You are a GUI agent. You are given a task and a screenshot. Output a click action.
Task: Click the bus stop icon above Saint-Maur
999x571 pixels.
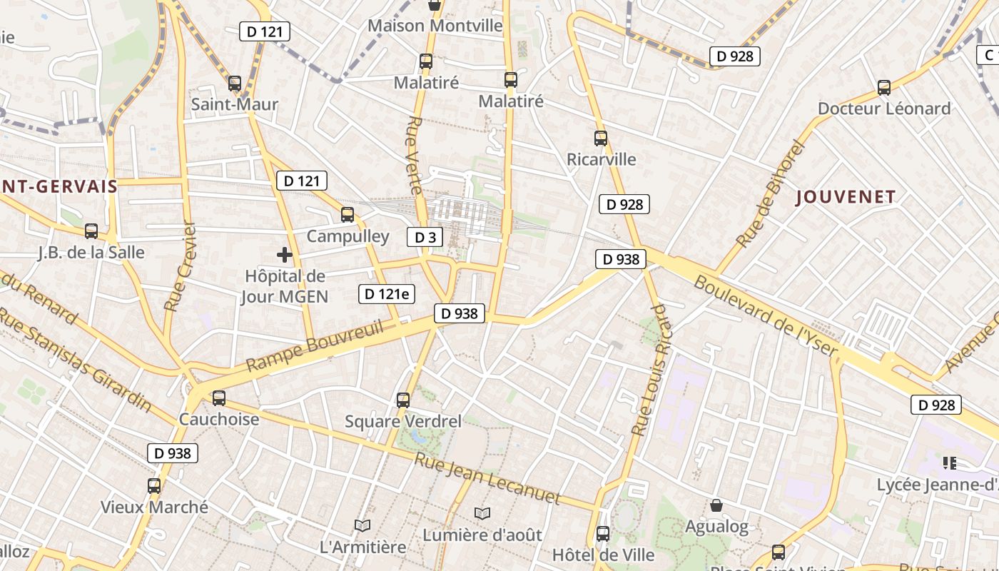pyautogui.click(x=235, y=84)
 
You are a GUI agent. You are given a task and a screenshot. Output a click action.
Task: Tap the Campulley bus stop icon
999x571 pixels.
pyautogui.click(x=348, y=214)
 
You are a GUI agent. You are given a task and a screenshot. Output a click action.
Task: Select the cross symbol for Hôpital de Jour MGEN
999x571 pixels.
pyautogui.click(x=285, y=254)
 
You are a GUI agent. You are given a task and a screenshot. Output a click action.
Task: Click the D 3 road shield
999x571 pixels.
pyautogui.click(x=425, y=237)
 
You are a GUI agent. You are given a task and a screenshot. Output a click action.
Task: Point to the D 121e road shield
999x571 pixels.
pyautogui.click(x=386, y=293)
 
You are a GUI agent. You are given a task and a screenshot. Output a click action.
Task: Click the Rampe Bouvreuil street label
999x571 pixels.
pyautogui.click(x=315, y=347)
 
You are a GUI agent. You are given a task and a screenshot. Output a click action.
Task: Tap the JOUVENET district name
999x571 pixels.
pyautogui.click(x=846, y=197)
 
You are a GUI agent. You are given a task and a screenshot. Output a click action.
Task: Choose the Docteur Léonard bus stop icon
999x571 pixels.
pyautogui.click(x=884, y=88)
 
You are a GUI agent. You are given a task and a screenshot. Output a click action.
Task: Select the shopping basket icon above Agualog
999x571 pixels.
pyautogui.click(x=716, y=505)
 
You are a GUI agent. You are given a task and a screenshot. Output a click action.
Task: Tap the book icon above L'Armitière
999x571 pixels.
pyautogui.click(x=362, y=525)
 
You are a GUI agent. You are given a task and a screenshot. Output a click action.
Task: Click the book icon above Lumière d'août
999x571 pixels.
pyautogui.click(x=482, y=513)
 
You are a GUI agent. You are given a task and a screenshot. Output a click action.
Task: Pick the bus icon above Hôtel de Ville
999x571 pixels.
pyautogui.click(x=603, y=533)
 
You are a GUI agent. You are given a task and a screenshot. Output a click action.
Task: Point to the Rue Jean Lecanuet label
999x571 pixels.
pyautogui.click(x=487, y=479)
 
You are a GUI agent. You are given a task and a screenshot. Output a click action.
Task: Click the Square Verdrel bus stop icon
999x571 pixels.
pyautogui.click(x=403, y=400)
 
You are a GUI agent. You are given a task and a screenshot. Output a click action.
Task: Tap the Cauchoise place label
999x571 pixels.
pyautogui.click(x=219, y=419)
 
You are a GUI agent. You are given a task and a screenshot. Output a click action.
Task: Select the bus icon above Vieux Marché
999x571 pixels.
pyautogui.click(x=154, y=486)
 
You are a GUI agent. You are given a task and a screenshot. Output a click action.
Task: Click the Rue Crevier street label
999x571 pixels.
pyautogui.click(x=179, y=266)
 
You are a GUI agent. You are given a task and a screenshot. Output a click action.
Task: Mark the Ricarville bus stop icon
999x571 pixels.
pyautogui.click(x=601, y=138)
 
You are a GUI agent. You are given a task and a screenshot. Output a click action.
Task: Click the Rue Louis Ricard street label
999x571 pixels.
pyautogui.click(x=652, y=370)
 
